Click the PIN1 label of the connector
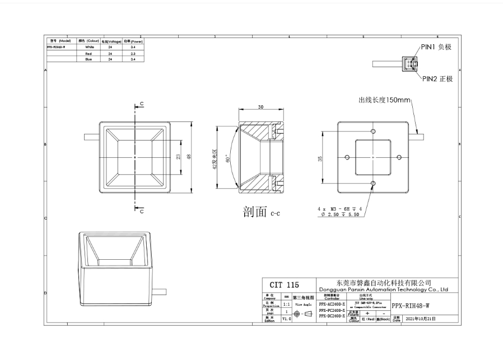[x=436, y=47]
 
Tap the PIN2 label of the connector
[x=436, y=79]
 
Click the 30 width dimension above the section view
[x=261, y=106]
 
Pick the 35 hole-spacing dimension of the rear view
[x=320, y=158]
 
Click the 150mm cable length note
[x=384, y=100]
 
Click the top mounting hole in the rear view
[x=374, y=131]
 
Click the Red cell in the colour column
[x=89, y=53]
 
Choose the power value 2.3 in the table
[x=132, y=53]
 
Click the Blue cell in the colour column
[x=89, y=59]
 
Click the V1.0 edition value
[x=286, y=318]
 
